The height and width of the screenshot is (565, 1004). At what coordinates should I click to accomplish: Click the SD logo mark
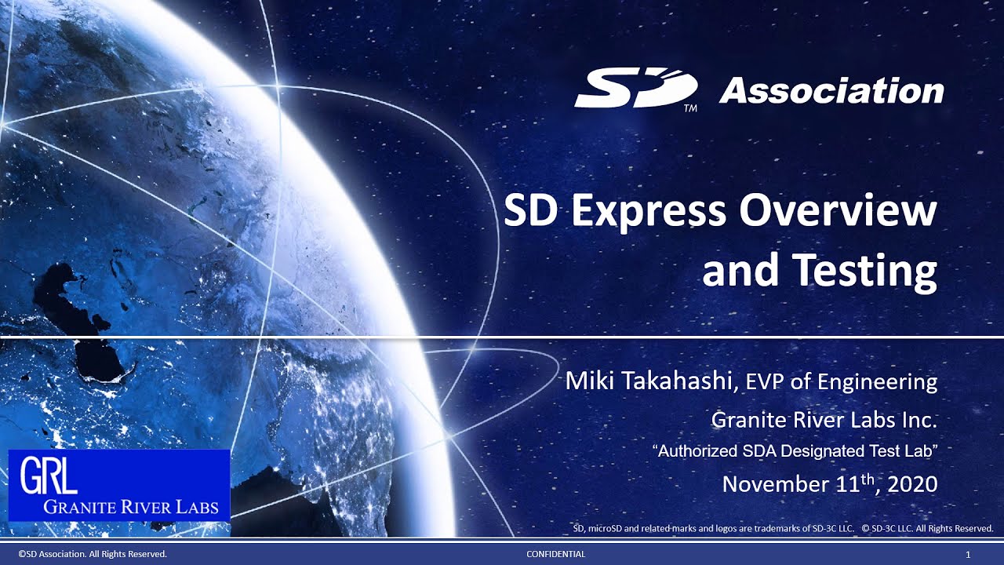coord(635,89)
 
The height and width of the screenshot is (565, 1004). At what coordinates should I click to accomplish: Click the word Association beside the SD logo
coord(831,91)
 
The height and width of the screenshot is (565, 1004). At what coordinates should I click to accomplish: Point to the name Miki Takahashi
coord(650,382)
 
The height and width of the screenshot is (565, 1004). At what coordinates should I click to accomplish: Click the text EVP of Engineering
coord(841,383)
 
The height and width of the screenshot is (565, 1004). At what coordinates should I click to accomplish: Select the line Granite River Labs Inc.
coord(824,421)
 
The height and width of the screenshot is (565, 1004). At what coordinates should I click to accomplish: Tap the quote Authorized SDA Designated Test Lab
coord(795,452)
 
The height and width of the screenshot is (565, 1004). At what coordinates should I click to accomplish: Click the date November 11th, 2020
coord(829,483)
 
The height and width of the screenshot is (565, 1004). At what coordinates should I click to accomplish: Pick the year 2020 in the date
coord(913,484)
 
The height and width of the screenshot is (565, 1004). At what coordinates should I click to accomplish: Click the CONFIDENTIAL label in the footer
coord(555,555)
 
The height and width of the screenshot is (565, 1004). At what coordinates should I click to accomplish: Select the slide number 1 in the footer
coord(968,555)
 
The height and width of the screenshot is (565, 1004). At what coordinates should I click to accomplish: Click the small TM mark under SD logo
coord(690,109)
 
